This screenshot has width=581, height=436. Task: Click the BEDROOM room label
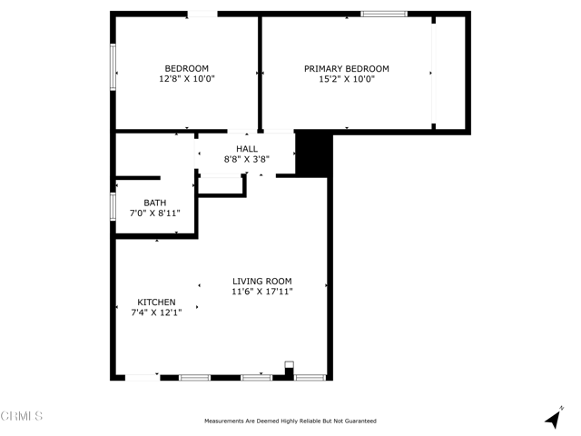point(186,68)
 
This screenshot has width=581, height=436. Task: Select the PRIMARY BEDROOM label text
point(346,68)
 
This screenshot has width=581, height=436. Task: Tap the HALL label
point(247,148)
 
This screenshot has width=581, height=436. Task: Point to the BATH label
point(154,202)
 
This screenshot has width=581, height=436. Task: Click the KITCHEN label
point(156,302)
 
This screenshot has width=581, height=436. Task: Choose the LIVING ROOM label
point(262,281)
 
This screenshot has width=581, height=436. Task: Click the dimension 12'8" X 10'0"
point(186,79)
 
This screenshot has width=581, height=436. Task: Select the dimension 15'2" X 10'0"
point(346,79)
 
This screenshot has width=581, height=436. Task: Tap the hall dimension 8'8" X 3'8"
point(247,159)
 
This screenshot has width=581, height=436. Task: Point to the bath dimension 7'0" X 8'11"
point(154,213)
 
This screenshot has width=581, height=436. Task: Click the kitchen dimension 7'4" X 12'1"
point(156,312)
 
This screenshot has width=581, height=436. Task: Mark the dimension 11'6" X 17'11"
point(262,292)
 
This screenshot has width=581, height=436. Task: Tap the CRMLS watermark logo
point(22,416)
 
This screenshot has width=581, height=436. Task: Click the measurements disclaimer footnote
point(290,421)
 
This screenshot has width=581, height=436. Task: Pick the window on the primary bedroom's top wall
point(383,14)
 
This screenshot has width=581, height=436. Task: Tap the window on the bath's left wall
point(113,206)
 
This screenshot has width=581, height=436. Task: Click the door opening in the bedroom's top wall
point(202,14)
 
